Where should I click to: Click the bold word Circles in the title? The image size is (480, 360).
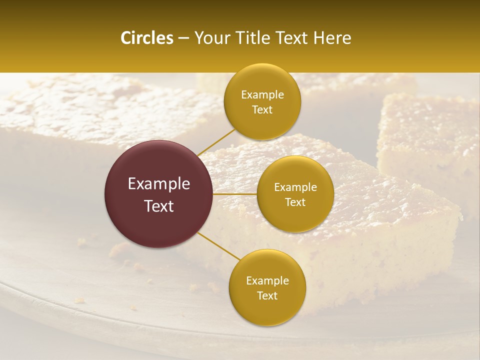(147, 38)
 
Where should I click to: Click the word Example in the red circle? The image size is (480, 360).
(159, 184)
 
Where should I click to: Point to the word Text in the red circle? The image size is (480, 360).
(159, 206)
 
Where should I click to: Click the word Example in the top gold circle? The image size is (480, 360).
(262, 95)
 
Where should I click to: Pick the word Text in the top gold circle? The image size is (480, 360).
(262, 110)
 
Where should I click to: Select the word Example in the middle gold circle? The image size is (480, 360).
(295, 187)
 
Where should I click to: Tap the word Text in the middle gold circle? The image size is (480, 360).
(295, 202)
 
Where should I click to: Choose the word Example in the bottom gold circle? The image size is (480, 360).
(267, 281)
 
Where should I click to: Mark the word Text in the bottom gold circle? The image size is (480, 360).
(267, 296)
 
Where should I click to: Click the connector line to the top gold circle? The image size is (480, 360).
(216, 142)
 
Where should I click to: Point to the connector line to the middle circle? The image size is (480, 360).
(235, 193)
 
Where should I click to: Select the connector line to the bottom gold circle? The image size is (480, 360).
(218, 246)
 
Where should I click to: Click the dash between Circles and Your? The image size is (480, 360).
(183, 38)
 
